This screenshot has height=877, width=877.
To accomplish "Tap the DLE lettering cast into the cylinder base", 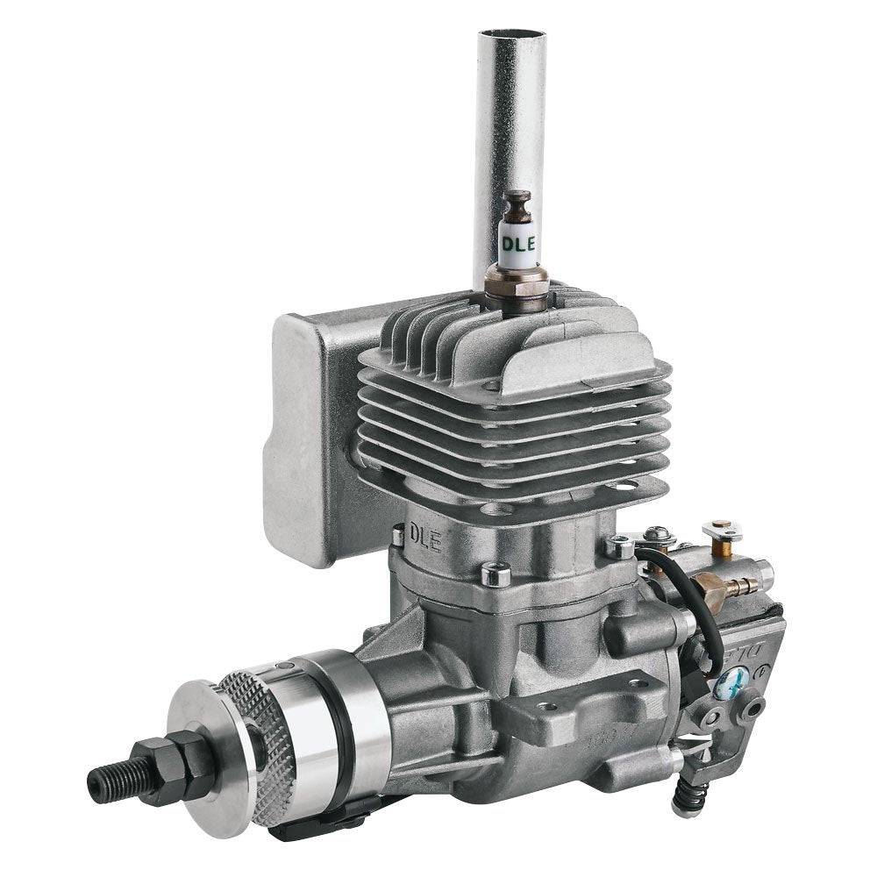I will (x=427, y=535).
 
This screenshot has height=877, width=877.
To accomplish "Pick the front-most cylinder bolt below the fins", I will (x=496, y=574).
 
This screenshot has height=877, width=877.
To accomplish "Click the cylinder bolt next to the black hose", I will (x=620, y=547).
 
